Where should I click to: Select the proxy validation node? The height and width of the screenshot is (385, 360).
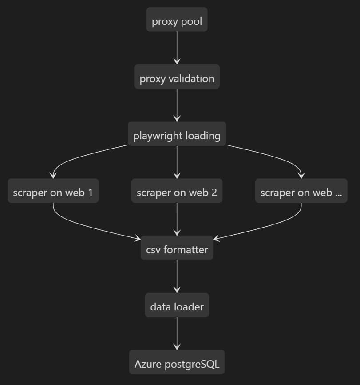tap(177, 79)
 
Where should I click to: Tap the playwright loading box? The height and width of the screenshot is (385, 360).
tap(177, 135)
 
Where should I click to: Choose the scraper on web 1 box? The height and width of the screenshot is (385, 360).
tap(53, 192)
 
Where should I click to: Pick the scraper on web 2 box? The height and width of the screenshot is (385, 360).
tap(177, 192)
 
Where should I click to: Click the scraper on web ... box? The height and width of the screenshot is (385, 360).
tap(301, 192)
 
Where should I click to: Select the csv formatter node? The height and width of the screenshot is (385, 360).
tap(177, 249)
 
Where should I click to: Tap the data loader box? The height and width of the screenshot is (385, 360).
tap(177, 306)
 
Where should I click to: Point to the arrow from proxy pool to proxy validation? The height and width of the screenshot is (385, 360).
tap(177, 48)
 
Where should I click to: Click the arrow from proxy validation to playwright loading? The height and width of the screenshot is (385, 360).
tap(177, 105)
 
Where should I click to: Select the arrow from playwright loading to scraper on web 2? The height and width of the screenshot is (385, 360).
tap(177, 161)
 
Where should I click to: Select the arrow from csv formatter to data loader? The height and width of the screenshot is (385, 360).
tap(177, 276)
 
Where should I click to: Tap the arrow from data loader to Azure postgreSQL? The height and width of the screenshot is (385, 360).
tap(177, 333)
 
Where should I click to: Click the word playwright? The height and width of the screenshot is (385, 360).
tap(154, 135)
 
